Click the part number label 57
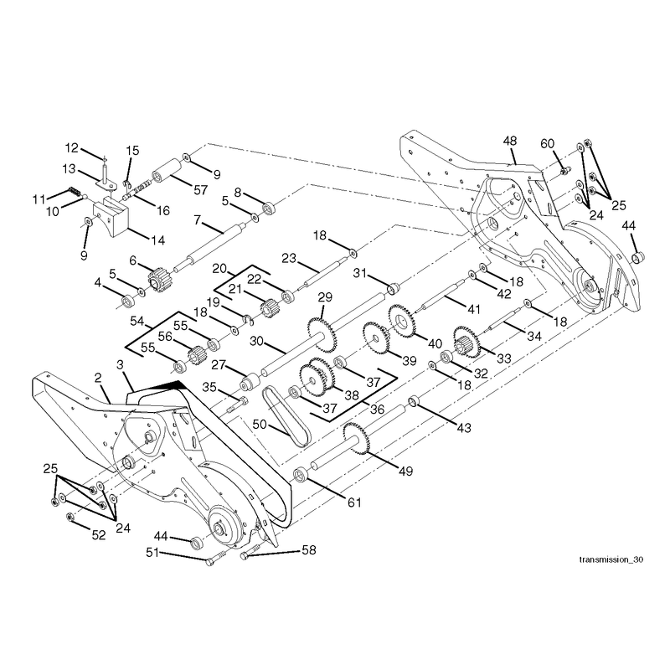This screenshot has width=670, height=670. [x=200, y=190]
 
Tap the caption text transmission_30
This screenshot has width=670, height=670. [x=611, y=559]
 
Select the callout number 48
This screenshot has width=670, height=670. [x=510, y=141]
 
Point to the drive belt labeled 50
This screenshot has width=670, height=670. [x=286, y=415]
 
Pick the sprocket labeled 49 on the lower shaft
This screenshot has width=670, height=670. [x=357, y=438]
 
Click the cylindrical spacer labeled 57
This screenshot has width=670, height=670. [x=167, y=170]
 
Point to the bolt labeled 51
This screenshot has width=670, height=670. [x=216, y=558]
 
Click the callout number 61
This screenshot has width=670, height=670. [x=354, y=502]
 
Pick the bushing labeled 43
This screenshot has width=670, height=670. [x=414, y=402]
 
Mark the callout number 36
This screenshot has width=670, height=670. [x=377, y=410]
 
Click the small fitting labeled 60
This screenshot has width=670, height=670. [x=565, y=170]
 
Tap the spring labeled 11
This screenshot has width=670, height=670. [x=75, y=191]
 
